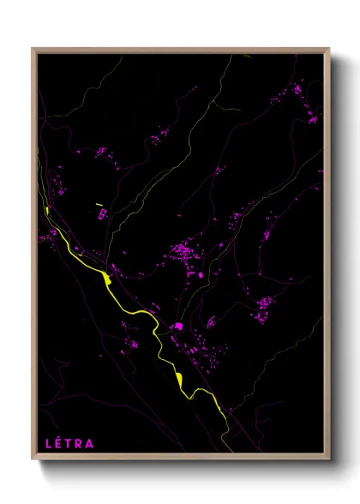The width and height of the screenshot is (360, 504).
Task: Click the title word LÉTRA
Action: pyautogui.click(x=69, y=444)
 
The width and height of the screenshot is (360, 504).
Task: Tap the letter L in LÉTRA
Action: pyautogui.click(x=49, y=444)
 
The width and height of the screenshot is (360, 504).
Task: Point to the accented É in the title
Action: pyautogui.click(x=59, y=444)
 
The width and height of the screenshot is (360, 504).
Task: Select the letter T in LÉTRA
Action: pyautogui.click(x=69, y=444)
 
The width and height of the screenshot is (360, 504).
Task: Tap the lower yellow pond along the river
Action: pyautogui.click(x=178, y=378)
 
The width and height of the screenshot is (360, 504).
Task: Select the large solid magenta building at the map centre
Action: pyautogui.click(x=178, y=326)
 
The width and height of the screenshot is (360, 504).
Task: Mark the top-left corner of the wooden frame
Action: pyautogui.click(x=33, y=49)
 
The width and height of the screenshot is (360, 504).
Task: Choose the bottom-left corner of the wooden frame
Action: pyautogui.click(x=33, y=461)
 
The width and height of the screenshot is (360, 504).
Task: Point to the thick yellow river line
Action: pyautogui.click(x=137, y=309)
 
